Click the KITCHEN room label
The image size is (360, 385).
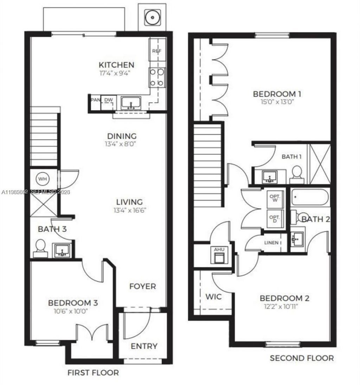tap(116, 65)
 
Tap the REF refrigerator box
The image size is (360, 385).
tap(156, 51)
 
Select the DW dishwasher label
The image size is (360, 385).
tap(109, 100)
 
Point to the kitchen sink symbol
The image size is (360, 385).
tap(131, 103)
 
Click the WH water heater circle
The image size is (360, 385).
tap(43, 179)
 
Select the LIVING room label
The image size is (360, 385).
tap(130, 202)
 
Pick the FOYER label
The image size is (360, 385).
tap(142, 286)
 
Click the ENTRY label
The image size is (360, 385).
tap(144, 346)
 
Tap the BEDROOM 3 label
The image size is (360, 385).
tap(73, 303)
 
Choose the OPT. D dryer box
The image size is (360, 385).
tap(274, 219)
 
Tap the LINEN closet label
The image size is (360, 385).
tap(273, 243)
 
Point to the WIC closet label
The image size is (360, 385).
tap(213, 296)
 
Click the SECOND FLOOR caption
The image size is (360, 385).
tap(301, 358)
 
